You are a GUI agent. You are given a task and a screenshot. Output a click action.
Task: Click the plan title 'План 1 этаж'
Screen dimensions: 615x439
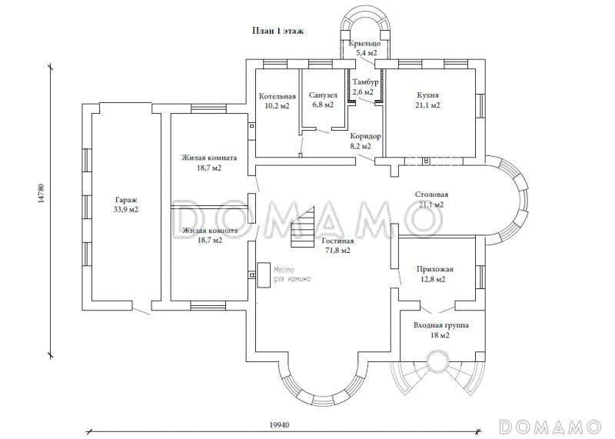pos(278,31)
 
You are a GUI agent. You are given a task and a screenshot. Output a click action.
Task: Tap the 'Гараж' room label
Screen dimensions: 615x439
pos(126,200)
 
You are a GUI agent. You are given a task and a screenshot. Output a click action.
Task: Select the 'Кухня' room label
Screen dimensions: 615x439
pos(428,95)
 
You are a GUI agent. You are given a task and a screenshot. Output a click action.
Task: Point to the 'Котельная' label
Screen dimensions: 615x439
pos(278,96)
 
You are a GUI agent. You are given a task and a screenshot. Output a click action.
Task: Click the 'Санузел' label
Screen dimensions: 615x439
pos(323,95)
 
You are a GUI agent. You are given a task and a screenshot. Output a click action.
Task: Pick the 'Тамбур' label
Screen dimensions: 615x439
pos(365,82)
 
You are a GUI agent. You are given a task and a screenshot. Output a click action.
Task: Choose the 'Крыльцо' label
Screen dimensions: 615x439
pos(364,43)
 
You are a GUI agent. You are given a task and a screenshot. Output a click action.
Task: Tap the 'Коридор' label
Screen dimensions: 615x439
pos(366,137)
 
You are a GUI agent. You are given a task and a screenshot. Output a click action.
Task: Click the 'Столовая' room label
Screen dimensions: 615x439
pos(431,195)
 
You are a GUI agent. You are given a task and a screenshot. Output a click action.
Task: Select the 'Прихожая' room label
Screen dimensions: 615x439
pos(435,270)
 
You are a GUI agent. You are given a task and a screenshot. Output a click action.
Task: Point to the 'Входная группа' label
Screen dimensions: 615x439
pos(441,325)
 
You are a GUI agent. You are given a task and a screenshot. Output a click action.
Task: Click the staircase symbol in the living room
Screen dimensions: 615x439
pos(303,227)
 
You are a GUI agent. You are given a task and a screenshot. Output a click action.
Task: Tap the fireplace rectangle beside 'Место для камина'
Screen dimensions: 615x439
pos(264,275)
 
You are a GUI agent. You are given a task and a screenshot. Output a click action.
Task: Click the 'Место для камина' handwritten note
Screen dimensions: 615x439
pos(292,274)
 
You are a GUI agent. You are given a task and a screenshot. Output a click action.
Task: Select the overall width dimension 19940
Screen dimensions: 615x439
pos(280,425)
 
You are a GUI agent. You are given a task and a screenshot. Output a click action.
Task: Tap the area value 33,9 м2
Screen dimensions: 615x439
pos(126,210)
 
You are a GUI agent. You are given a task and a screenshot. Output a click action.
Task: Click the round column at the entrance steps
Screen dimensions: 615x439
pos(437,361)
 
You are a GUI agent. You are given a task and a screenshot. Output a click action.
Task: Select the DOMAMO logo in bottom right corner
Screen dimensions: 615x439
pos(550,427)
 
